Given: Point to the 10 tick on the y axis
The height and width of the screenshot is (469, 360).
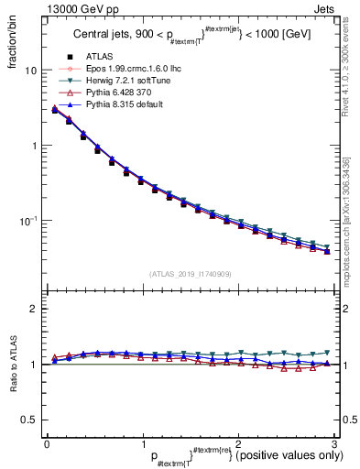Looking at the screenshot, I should pos(31,71).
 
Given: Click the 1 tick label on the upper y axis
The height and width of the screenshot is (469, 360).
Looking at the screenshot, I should pos(34,146).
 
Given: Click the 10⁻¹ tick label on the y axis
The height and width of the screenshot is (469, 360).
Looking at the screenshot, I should pos(29,221).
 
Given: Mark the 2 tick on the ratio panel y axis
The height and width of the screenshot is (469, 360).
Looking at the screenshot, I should pos(34,309).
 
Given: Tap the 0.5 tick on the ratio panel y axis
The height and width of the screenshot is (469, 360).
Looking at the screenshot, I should pos(29,420).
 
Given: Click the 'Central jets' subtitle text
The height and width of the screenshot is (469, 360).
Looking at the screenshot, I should pos(103,36).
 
